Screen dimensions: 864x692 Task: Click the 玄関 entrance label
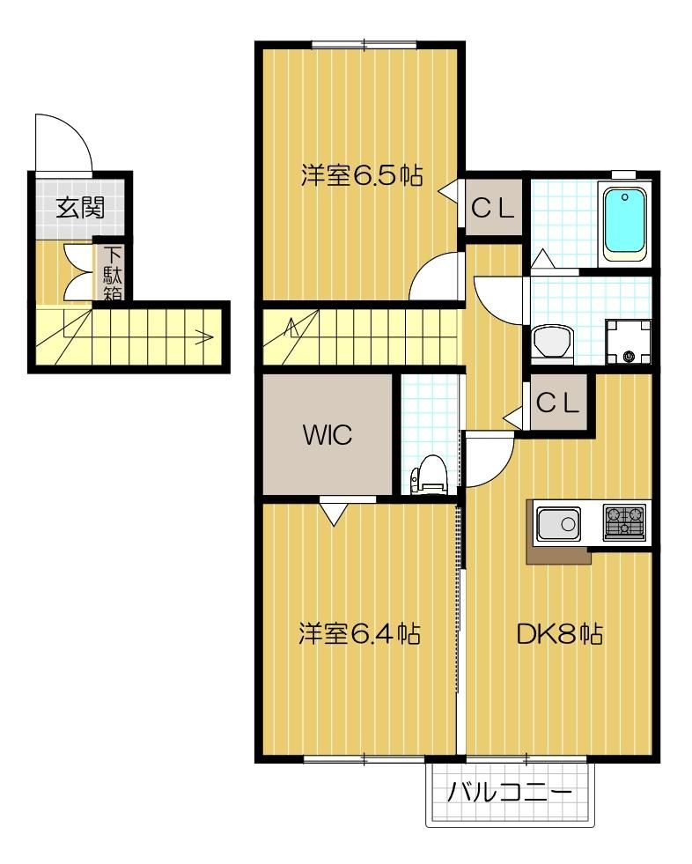tap(80, 208)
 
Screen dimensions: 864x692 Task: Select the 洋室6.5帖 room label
tap(362, 176)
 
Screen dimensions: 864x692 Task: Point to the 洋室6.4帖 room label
tap(358, 633)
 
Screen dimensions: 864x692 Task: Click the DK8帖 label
tap(559, 633)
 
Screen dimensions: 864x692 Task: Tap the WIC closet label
tap(328, 435)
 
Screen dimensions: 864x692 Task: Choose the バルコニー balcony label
tap(510, 792)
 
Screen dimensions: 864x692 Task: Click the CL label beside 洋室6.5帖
tap(493, 209)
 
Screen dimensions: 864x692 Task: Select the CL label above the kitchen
tap(558, 403)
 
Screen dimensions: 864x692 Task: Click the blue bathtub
tap(625, 222)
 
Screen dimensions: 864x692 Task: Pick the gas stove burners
tap(624, 521)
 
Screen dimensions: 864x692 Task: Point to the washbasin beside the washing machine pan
tap(553, 338)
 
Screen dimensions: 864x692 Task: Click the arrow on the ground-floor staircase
tap(207, 335)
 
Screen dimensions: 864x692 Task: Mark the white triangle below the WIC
tap(333, 512)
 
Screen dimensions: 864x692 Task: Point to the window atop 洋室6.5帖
tap(364, 44)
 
